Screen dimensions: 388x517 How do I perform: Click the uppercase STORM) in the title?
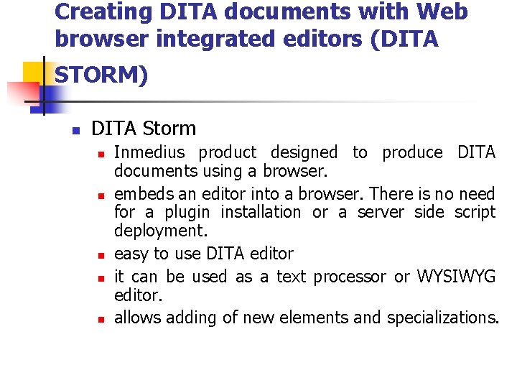coord(101,75)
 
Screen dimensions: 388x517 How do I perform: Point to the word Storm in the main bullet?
coord(169,129)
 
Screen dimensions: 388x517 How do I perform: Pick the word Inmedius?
coord(149,152)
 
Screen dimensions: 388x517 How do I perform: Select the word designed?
coord(303,152)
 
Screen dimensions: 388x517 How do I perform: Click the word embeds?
coord(138,194)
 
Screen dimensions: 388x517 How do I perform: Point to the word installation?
coord(261,212)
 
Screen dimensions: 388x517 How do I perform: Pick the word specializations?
coord(442,318)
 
